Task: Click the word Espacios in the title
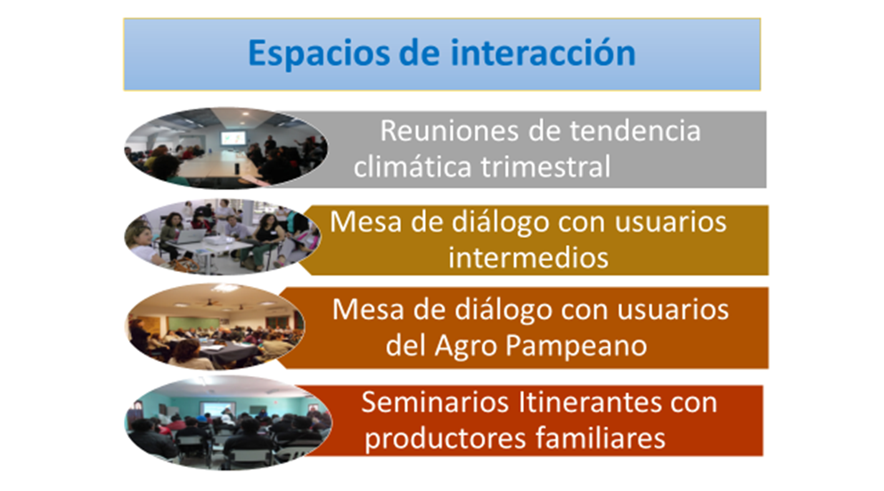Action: point(319,53)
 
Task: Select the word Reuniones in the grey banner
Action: point(449,131)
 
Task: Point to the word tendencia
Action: point(635,131)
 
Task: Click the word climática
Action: point(413,167)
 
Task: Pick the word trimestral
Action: point(545,167)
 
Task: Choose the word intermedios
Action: point(528,258)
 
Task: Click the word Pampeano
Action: point(577,346)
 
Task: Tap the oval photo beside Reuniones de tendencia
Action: point(226,148)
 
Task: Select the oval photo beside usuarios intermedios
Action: point(223,237)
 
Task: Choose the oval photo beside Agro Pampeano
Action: point(215,327)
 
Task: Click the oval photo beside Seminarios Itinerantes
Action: point(228,422)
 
